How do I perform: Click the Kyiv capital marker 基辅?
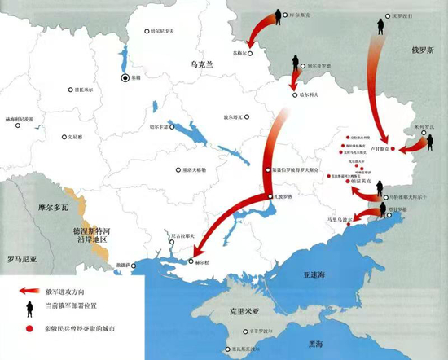[x=125, y=78]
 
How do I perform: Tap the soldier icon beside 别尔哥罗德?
[x=294, y=70]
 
